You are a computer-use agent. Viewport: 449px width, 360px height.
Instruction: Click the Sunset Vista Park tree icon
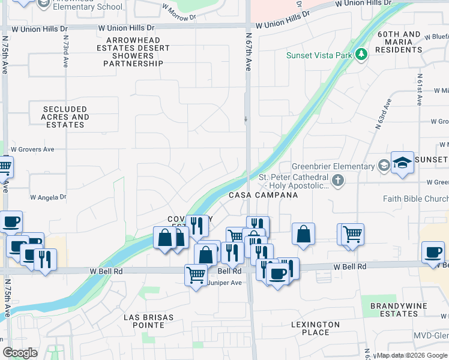(x=361, y=55)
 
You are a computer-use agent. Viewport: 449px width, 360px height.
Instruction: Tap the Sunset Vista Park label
(x=319, y=56)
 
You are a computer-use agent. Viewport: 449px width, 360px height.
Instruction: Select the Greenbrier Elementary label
(x=333, y=166)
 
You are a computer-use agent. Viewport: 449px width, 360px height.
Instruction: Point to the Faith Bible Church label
(x=415, y=199)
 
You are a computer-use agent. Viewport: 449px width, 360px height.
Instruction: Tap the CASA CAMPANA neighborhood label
(x=263, y=196)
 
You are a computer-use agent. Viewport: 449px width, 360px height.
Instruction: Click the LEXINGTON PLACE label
(x=315, y=328)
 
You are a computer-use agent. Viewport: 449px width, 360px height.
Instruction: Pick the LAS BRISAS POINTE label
(x=148, y=321)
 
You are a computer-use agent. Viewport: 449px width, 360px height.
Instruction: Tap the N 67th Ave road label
(x=247, y=53)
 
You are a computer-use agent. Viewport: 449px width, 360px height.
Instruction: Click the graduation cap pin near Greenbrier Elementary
(x=402, y=163)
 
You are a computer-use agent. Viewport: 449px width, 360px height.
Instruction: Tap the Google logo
(x=20, y=353)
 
